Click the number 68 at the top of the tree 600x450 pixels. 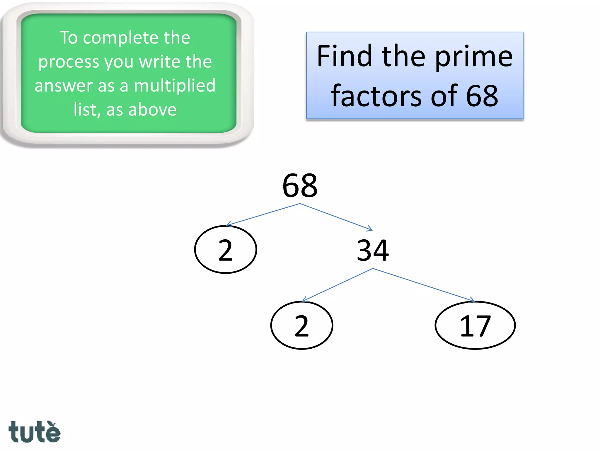[300, 186]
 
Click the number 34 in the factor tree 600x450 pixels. [373, 250]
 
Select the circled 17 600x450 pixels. [475, 325]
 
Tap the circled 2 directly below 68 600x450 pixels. [226, 250]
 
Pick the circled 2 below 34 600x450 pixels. [302, 325]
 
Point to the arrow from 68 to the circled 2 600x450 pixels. [263, 214]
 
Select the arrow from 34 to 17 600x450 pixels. [424, 285]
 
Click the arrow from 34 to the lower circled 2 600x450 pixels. [337, 285]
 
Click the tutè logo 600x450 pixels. [34, 432]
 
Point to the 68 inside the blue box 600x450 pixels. [482, 96]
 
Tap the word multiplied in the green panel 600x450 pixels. [175, 86]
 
